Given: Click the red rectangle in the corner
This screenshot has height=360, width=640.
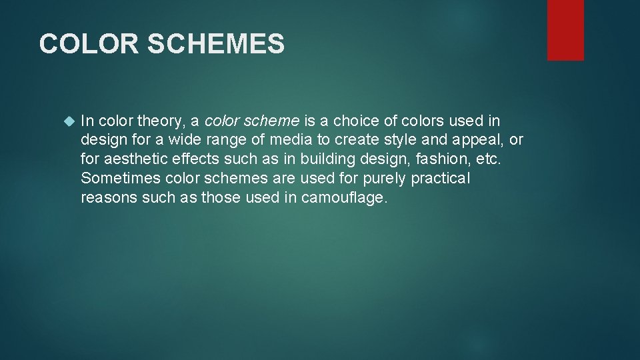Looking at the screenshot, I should click(565, 30).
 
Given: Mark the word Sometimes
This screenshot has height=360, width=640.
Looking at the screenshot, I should click(121, 179).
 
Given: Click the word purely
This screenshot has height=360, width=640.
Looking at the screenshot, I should click(385, 179).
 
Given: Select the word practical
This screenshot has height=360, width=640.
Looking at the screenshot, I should click(441, 179).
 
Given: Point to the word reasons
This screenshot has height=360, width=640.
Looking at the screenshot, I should click(109, 198).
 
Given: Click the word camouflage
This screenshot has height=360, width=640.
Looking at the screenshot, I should click(343, 198).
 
